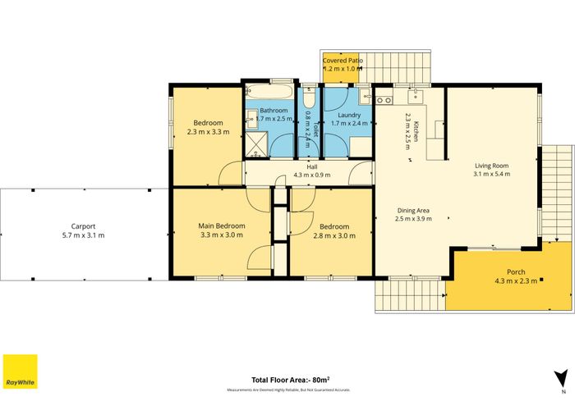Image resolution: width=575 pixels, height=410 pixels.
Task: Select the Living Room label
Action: tap(491, 164)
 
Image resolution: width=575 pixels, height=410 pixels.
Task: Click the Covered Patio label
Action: tap(343, 61)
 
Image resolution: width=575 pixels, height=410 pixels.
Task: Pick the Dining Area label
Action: tap(413, 209)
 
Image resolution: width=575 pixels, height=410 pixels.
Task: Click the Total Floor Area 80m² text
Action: tap(290, 380)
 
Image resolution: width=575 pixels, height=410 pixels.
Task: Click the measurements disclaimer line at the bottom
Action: tap(290, 389)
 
